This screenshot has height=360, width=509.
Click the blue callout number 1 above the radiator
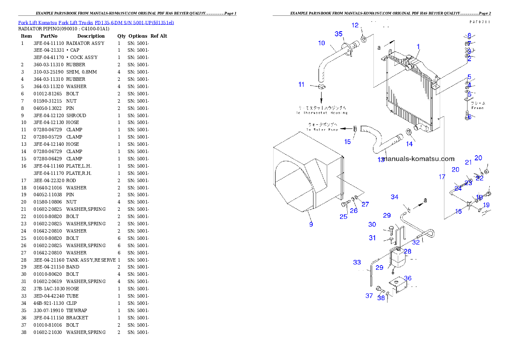418,47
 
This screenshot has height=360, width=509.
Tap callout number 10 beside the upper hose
322,43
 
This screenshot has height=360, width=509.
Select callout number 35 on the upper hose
338,34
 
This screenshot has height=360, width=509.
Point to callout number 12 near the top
355,25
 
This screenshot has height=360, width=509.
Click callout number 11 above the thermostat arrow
302,85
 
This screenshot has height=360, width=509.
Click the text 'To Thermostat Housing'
322,113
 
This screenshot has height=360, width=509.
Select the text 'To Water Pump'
322,129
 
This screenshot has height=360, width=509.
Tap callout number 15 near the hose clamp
348,142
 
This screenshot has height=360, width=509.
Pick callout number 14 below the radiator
409,144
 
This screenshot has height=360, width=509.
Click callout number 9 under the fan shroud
311,224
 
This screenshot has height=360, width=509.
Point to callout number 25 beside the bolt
343,217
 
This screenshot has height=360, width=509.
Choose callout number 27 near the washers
365,204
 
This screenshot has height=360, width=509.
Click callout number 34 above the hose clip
394,197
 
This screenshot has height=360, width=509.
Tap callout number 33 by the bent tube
357,263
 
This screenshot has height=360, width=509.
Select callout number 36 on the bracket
408,278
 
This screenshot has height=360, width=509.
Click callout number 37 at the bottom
369,295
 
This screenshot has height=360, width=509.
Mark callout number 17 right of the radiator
442,177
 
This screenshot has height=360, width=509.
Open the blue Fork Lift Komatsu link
96,22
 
